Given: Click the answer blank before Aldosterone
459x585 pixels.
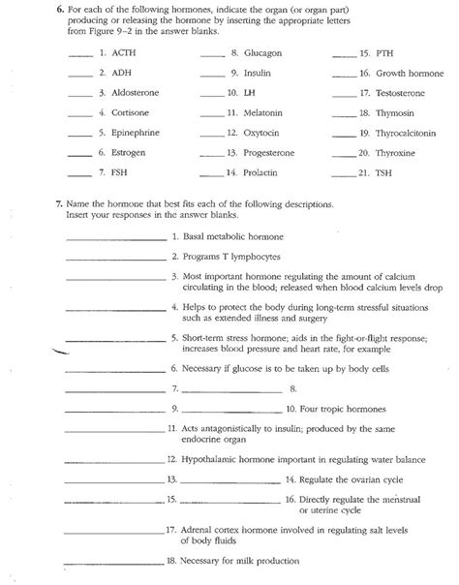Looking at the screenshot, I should coord(79,95).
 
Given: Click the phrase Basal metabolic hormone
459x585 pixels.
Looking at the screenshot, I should coord(229,236).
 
